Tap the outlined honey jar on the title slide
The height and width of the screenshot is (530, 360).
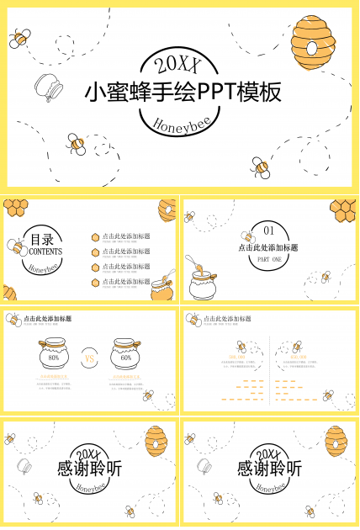(48, 87)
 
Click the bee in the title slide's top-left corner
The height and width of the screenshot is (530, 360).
(20, 38)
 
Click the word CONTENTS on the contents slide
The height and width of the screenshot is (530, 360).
(44, 252)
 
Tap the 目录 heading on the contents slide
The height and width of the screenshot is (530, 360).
(44, 239)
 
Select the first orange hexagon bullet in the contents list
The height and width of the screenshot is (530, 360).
(95, 237)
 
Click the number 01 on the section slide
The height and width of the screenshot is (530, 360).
(269, 231)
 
